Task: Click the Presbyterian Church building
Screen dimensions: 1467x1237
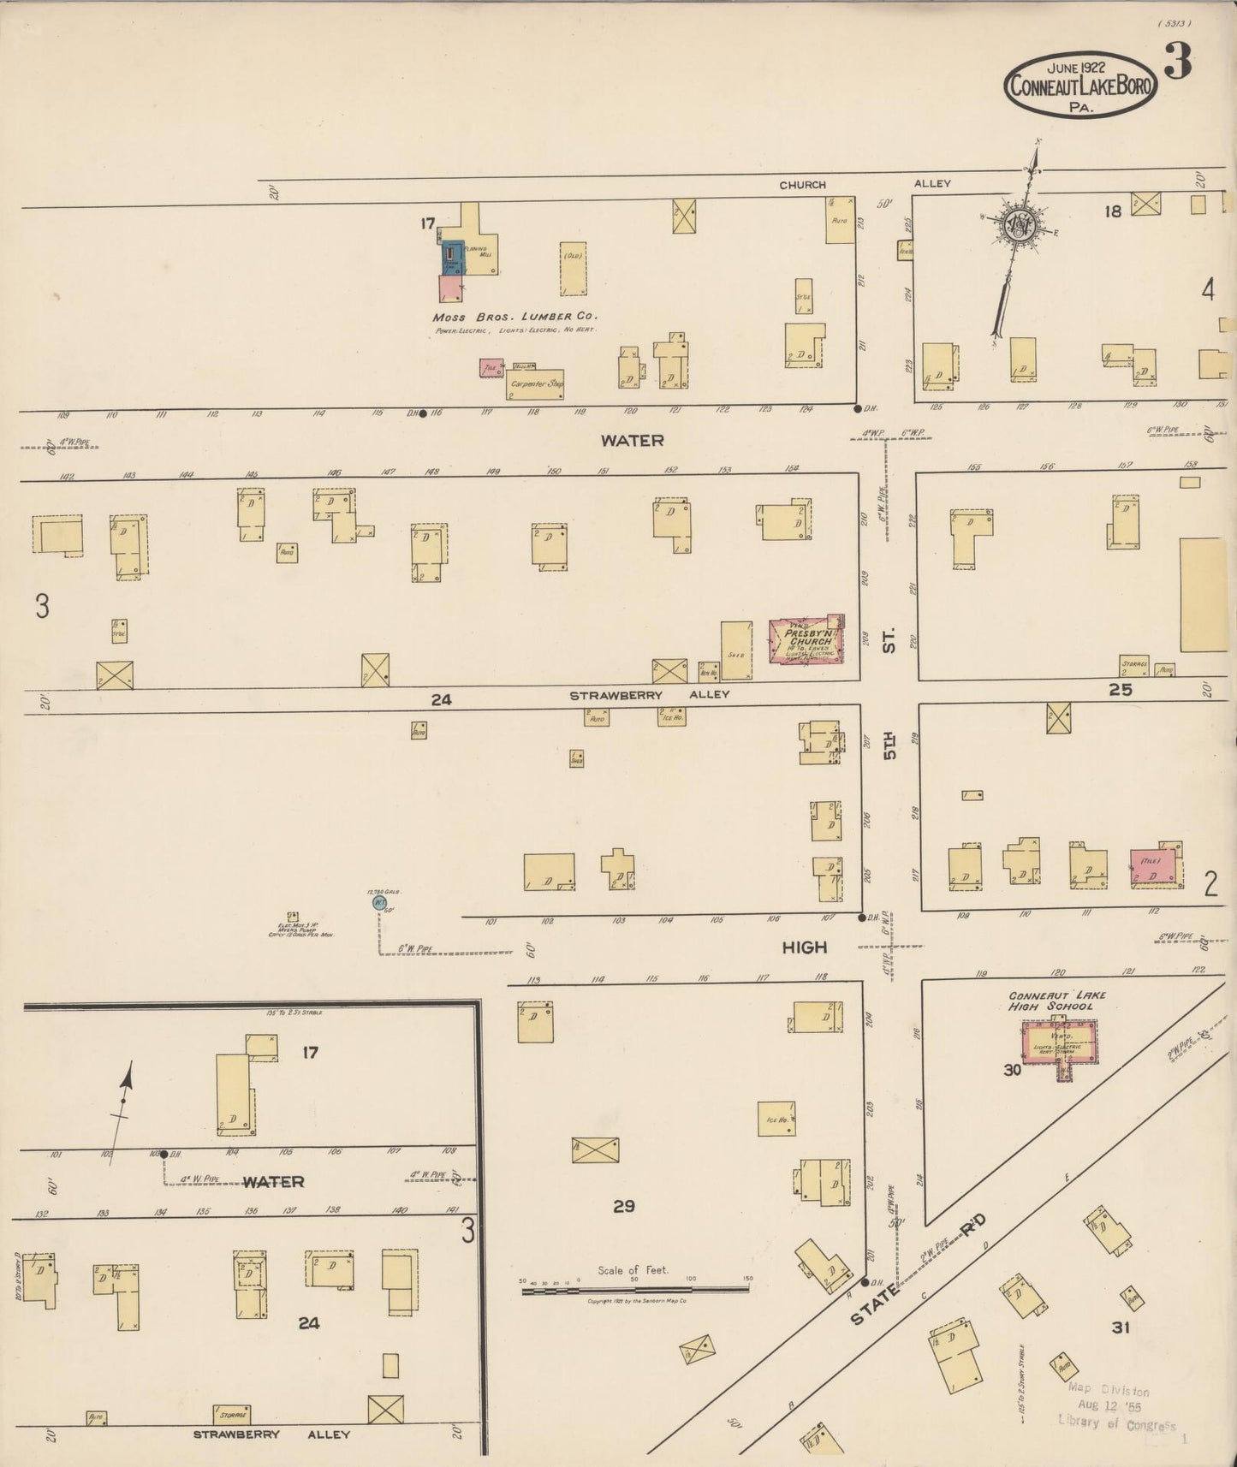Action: tap(806, 641)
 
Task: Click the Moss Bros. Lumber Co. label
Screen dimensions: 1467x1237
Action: tap(514, 316)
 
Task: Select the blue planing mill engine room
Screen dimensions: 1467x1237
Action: tap(452, 258)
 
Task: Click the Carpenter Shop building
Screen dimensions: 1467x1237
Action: tap(535, 384)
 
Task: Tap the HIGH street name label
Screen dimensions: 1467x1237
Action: tap(805, 947)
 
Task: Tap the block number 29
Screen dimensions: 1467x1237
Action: tap(624, 1206)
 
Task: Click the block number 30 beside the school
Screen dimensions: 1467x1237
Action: tap(1012, 1069)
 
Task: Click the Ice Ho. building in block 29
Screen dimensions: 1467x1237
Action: tap(776, 1119)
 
